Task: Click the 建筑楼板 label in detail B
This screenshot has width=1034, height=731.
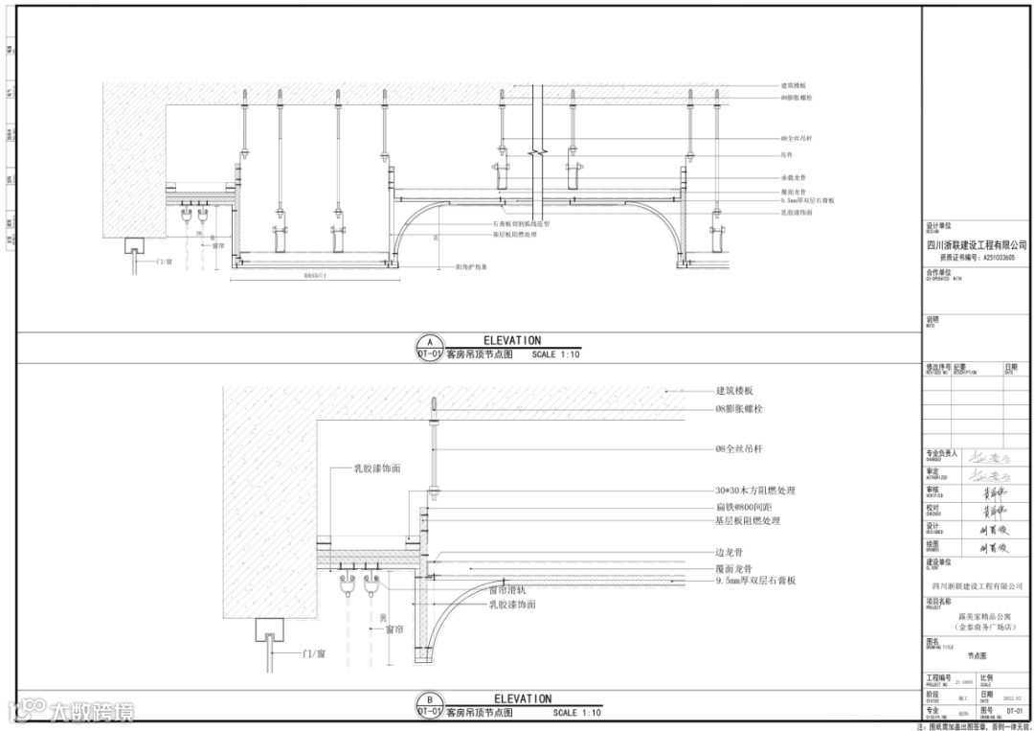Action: tap(735, 391)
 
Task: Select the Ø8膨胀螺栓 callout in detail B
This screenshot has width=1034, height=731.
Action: tap(739, 409)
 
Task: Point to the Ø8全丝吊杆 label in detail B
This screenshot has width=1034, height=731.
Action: tap(739, 448)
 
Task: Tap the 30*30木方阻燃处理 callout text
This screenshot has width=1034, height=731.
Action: tap(755, 491)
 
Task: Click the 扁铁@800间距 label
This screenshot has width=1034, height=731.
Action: tap(743, 506)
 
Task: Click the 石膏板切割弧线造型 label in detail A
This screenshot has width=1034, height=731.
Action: tap(521, 224)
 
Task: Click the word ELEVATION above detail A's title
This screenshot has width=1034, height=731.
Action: tap(512, 340)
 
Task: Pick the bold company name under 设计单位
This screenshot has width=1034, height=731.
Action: tap(977, 245)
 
